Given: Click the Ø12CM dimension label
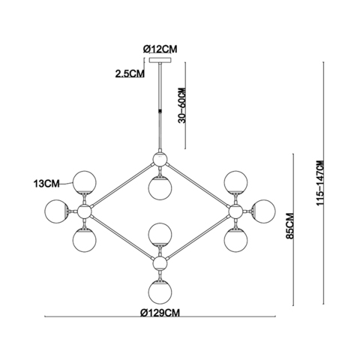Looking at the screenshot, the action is pyautogui.click(x=160, y=49).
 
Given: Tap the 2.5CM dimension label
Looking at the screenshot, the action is pyautogui.click(x=130, y=73).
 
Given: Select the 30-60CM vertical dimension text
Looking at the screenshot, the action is pyautogui.click(x=182, y=105).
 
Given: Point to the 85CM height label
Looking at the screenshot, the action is pyautogui.click(x=290, y=226).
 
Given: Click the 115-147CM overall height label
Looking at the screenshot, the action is pyautogui.click(x=320, y=183).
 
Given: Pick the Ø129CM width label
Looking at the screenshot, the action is pyautogui.click(x=160, y=313).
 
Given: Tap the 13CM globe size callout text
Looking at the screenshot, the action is pyautogui.click(x=46, y=184).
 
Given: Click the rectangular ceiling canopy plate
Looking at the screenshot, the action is pyautogui.click(x=160, y=60).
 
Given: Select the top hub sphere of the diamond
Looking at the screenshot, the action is pyautogui.click(x=160, y=159).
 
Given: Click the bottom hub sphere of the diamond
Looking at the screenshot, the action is pyautogui.click(x=160, y=263).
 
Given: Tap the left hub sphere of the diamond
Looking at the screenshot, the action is pyautogui.click(x=84, y=211).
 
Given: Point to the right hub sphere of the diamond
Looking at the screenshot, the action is pyautogui.click(x=235, y=211).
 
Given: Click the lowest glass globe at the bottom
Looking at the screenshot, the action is pyautogui.click(x=160, y=292).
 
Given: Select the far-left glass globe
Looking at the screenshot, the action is pyautogui.click(x=57, y=211).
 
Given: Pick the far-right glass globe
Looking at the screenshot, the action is pyautogui.click(x=263, y=211).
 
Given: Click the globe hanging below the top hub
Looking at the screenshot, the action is pyautogui.click(x=160, y=188).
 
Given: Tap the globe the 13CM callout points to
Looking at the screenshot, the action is pyautogui.click(x=85, y=183).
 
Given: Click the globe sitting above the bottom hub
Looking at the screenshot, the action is pyautogui.click(x=160, y=235).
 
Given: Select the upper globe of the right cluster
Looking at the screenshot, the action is pyautogui.click(x=235, y=183).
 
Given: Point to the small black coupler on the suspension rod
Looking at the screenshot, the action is pyautogui.click(x=160, y=112).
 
